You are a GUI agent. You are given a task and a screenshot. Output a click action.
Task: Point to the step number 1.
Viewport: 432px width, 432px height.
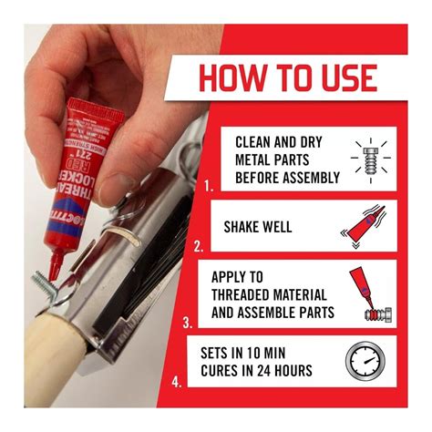tap(208, 185)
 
